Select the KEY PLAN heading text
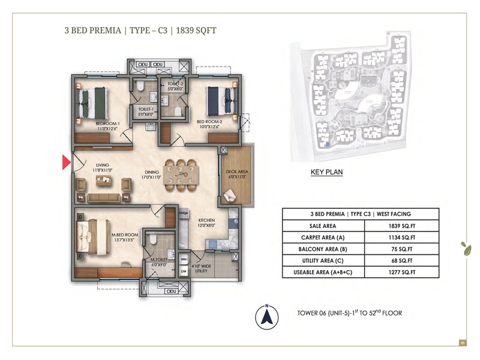[326, 172]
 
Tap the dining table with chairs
[181, 174]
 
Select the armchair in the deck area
[231, 195]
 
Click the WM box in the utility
[184, 260]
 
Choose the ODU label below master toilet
[170, 291]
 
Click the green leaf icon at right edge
[464, 247]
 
